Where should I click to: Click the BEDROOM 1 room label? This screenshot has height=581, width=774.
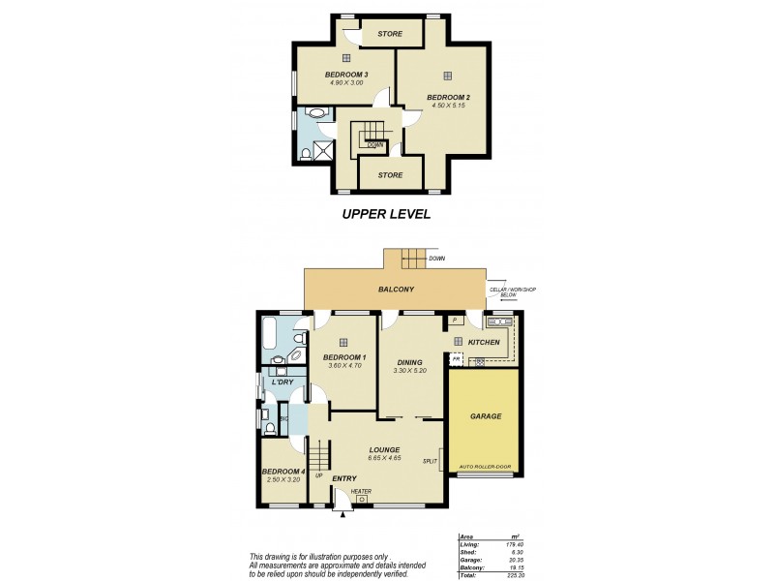point(344,356)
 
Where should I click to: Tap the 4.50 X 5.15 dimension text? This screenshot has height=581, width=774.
point(448,106)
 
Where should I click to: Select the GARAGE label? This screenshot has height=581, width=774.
point(485,416)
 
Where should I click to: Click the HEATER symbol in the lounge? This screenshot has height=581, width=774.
point(361,499)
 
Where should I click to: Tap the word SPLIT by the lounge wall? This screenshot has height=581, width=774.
point(429,462)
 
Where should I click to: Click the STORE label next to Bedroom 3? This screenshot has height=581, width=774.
point(390,35)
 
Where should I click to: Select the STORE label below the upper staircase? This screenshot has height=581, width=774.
point(390,175)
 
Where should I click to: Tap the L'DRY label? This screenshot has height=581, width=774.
point(283,382)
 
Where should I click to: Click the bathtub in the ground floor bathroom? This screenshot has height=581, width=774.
point(270,338)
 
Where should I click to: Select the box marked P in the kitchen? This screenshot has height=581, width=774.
point(454,321)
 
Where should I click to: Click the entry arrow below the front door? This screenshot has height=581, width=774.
point(342,513)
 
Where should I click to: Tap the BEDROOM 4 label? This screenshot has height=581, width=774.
point(283,472)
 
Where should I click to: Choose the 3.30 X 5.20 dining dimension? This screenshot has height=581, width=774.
point(411,371)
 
